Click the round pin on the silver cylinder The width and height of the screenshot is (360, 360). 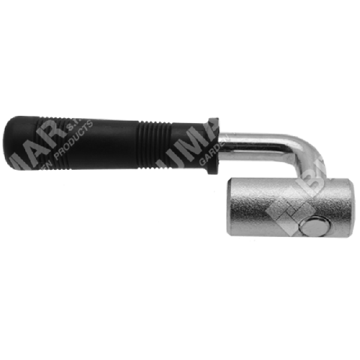coord(314,227)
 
